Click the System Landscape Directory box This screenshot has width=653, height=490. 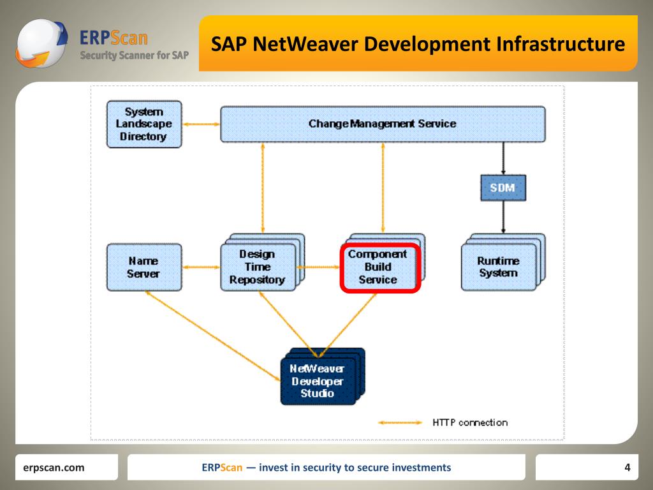(x=144, y=124)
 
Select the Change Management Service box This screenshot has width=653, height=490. (x=383, y=124)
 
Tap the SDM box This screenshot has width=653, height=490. (x=503, y=188)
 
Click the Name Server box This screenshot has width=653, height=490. (x=143, y=267)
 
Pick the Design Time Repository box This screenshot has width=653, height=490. (x=258, y=267)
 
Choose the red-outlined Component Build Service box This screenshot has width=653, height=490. (x=378, y=267)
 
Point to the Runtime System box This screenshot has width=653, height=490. (x=498, y=267)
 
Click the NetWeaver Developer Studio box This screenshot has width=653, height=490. (x=318, y=382)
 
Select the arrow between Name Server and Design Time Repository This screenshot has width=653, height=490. (x=201, y=267)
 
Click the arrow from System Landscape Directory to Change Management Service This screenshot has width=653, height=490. (x=201, y=124)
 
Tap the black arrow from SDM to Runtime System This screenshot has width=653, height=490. (x=503, y=217)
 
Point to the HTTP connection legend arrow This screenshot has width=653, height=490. (x=400, y=422)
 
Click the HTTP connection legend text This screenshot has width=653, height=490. (x=470, y=422)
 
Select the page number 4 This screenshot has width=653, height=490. (x=627, y=468)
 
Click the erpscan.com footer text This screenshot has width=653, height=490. (x=54, y=468)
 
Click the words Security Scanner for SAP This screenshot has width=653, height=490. (x=134, y=56)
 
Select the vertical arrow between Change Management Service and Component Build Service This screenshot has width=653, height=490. (x=383, y=189)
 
